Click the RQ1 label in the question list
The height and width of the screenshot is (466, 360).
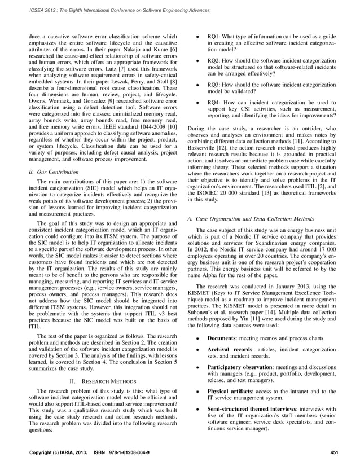tap(214, 36)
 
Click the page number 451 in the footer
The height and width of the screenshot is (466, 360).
tap(334, 452)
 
